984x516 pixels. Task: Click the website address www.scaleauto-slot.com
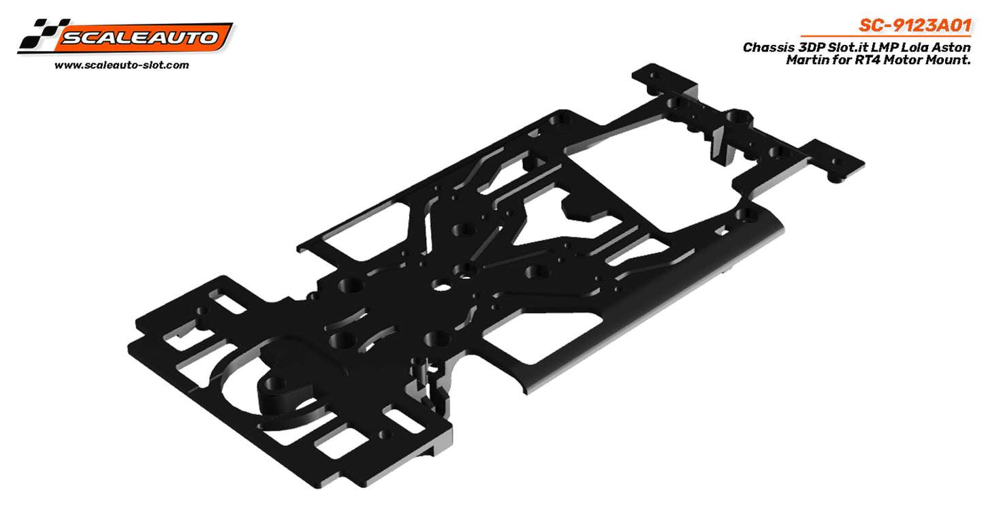pyautogui.click(x=121, y=65)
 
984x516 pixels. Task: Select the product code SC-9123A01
pyautogui.click(x=914, y=26)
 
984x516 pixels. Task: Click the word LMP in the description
pyautogui.click(x=878, y=48)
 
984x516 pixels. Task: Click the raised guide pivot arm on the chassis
pyautogui.click(x=281, y=393)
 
